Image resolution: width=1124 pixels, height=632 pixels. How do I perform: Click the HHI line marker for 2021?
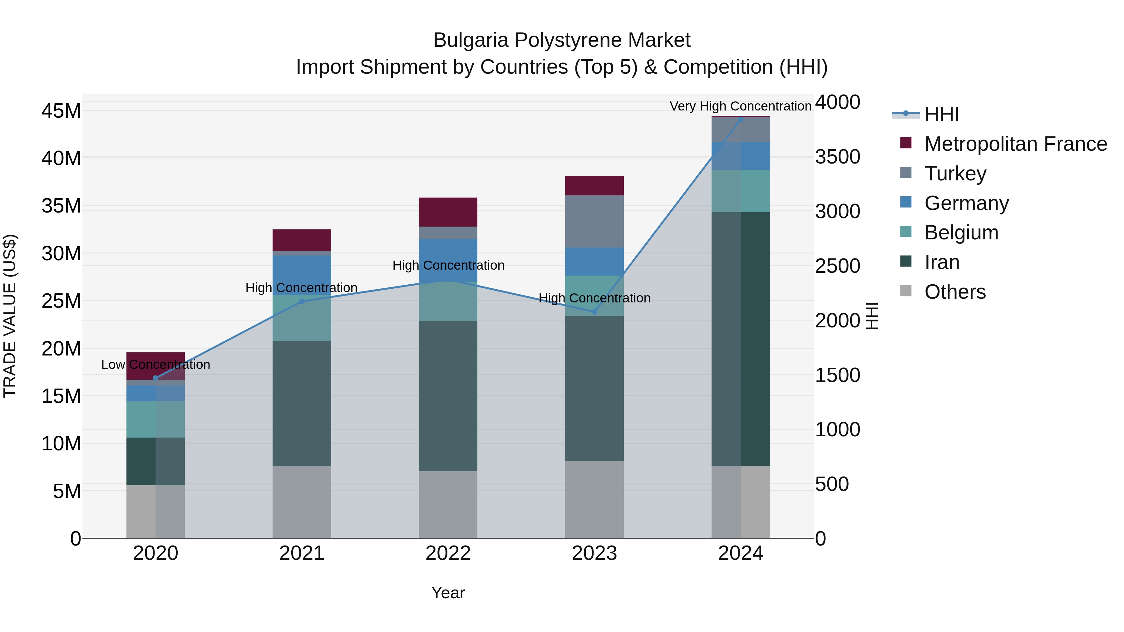302,301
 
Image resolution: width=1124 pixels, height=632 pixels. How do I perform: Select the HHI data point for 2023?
594,312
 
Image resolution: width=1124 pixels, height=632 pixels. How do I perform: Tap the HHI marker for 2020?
155,378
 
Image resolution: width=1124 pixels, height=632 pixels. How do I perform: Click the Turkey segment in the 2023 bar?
594,221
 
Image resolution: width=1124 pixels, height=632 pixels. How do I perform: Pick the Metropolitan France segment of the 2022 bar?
448,212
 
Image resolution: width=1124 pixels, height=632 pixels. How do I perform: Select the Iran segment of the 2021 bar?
302,404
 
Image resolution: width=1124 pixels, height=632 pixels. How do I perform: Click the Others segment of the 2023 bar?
594,499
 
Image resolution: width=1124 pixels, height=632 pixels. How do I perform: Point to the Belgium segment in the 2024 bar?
741,191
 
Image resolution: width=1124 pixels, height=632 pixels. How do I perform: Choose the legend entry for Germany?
966,203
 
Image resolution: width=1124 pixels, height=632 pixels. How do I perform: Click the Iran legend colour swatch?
906,261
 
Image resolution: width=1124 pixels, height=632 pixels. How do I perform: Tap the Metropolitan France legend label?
1015,144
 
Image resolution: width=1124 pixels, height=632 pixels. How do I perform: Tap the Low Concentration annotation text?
155,365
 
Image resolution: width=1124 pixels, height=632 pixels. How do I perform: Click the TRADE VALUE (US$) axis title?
10,316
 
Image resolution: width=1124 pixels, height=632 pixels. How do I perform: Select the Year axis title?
448,593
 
